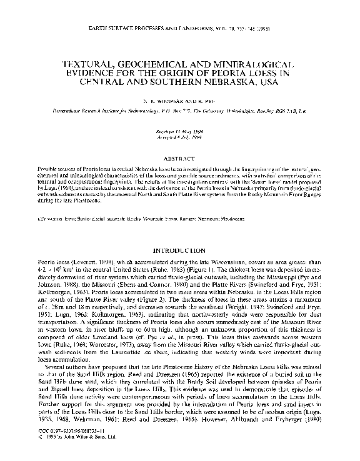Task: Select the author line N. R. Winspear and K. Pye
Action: click(179, 99)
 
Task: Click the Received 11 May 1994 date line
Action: click(179, 132)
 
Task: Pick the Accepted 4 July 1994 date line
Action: click(179, 139)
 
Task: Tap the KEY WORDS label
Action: click(51, 220)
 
